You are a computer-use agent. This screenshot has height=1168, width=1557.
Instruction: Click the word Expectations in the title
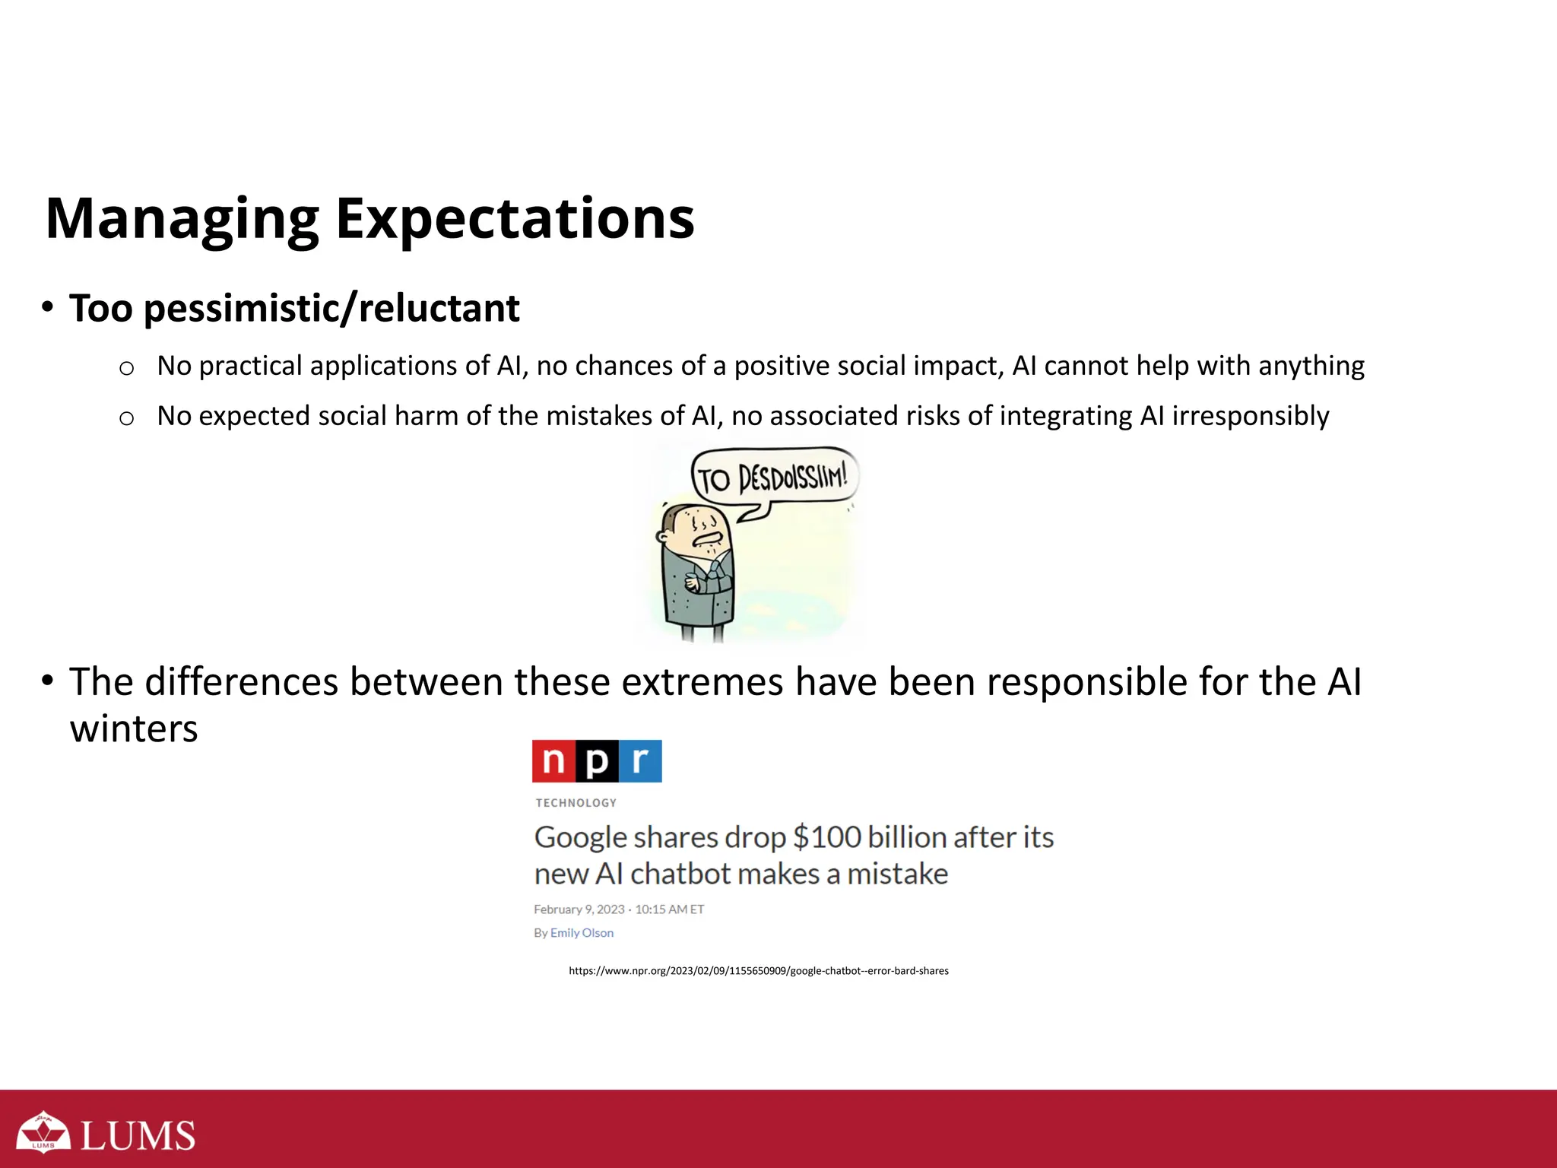tap(515, 219)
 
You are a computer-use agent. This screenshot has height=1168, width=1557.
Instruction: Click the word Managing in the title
tap(182, 219)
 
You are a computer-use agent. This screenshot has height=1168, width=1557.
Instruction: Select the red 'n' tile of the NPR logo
tap(553, 761)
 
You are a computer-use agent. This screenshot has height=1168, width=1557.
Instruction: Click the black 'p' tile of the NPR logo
tap(597, 761)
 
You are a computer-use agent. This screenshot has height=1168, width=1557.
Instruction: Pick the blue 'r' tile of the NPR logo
tap(640, 761)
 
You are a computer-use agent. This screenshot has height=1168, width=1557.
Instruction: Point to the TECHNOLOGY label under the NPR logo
tap(576, 803)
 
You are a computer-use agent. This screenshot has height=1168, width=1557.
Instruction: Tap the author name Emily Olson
tap(582, 933)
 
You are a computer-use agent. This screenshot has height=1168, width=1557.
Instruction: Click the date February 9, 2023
tap(579, 909)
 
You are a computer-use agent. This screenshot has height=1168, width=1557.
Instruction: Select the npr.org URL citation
tap(758, 971)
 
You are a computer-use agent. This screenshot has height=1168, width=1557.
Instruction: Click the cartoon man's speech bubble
tap(773, 479)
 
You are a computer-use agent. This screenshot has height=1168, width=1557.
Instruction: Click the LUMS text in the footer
tap(138, 1136)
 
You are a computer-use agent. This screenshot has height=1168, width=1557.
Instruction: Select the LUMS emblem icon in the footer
tap(43, 1132)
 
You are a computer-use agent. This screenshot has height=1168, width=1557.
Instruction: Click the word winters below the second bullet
tap(134, 729)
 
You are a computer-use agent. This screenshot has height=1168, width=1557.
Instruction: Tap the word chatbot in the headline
tap(681, 874)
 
